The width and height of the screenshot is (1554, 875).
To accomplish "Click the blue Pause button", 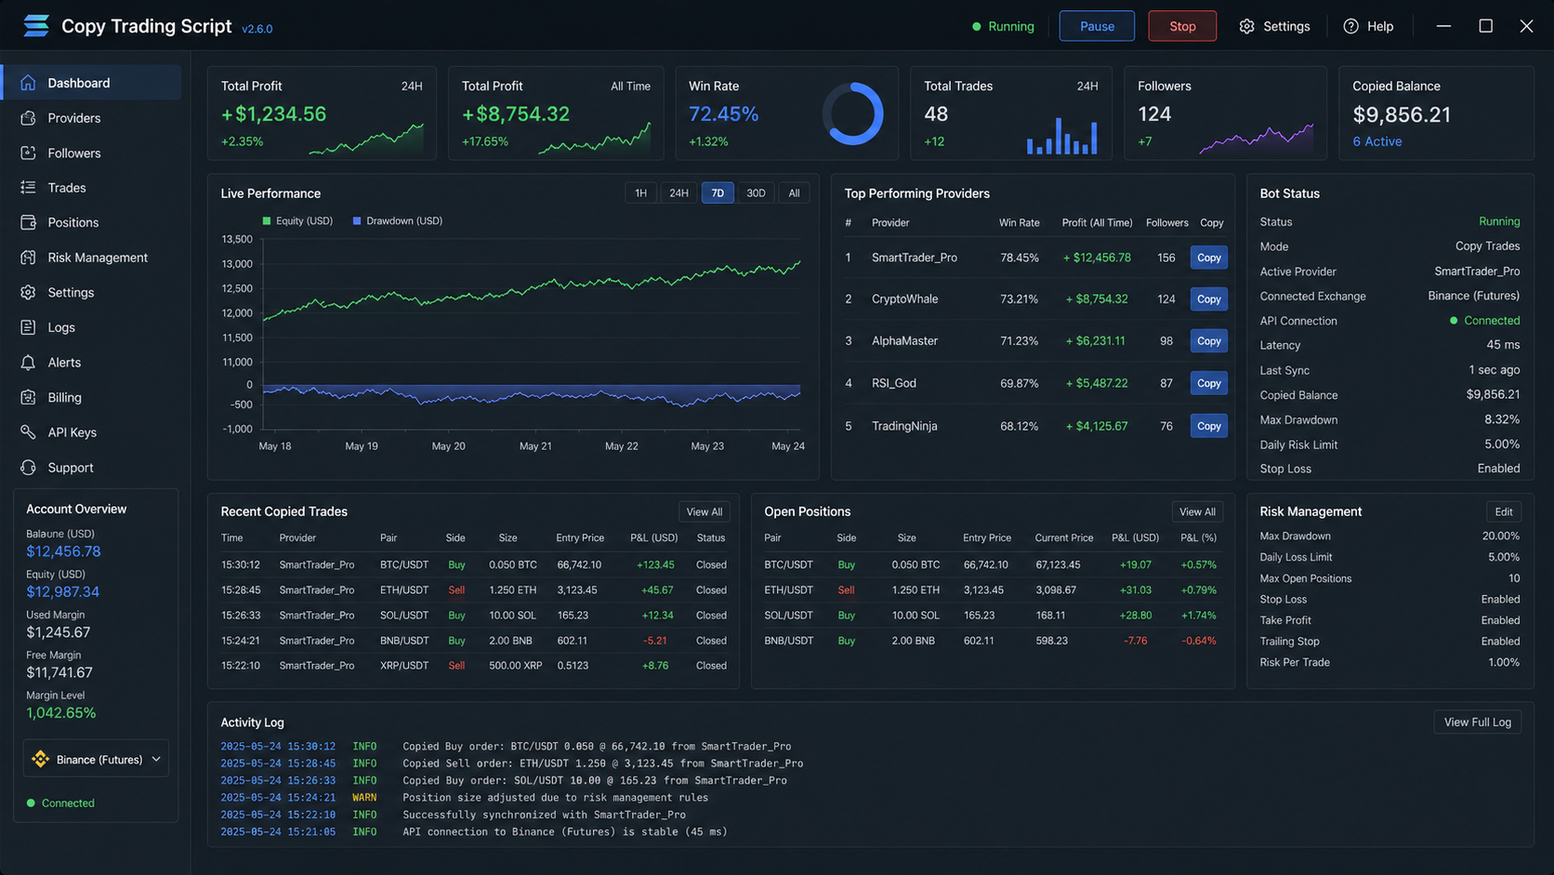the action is (1096, 26).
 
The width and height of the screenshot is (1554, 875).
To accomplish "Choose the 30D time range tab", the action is (756, 192).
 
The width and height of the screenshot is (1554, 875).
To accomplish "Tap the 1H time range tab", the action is (640, 192).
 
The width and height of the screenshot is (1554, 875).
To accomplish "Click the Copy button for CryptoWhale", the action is (1208, 299).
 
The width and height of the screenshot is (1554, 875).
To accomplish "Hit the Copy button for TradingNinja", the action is (1208, 426).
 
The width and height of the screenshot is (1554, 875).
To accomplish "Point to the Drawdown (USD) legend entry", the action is (398, 220).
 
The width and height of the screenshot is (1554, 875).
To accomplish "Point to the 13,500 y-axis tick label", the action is (237, 239).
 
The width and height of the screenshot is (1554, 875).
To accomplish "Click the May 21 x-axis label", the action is (534, 446).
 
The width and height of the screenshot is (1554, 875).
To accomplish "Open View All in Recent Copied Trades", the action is (705, 512).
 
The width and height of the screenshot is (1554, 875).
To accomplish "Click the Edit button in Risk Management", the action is (1504, 512).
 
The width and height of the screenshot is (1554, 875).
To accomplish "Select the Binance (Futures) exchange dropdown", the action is (96, 759).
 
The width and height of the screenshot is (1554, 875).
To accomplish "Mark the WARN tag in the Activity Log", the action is (364, 798).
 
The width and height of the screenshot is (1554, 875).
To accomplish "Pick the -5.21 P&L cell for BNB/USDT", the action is (654, 641).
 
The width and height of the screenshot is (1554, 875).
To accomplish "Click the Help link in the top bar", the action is (1368, 26).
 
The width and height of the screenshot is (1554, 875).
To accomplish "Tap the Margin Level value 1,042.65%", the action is (61, 713).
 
